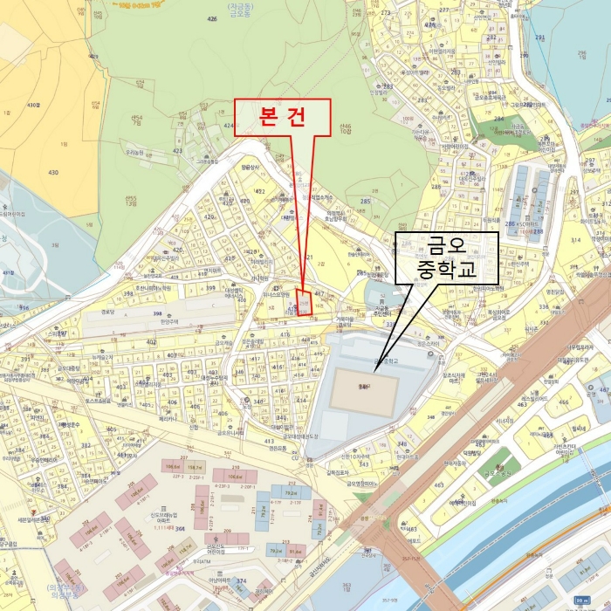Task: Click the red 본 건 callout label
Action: (x=282, y=115)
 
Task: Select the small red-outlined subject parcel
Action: (x=304, y=302)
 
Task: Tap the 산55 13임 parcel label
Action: (x=132, y=200)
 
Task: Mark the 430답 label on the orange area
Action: (x=33, y=105)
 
